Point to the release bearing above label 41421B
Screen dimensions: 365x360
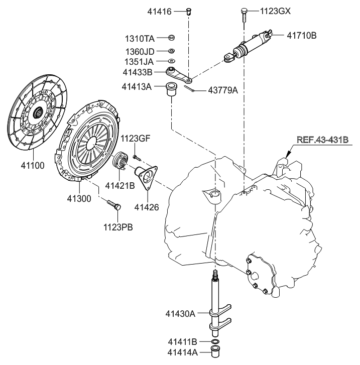[x=122, y=161]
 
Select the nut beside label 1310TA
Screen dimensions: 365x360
[x=172, y=38]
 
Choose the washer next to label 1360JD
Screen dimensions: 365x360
[x=172, y=51]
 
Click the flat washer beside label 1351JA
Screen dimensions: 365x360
[x=172, y=61]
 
